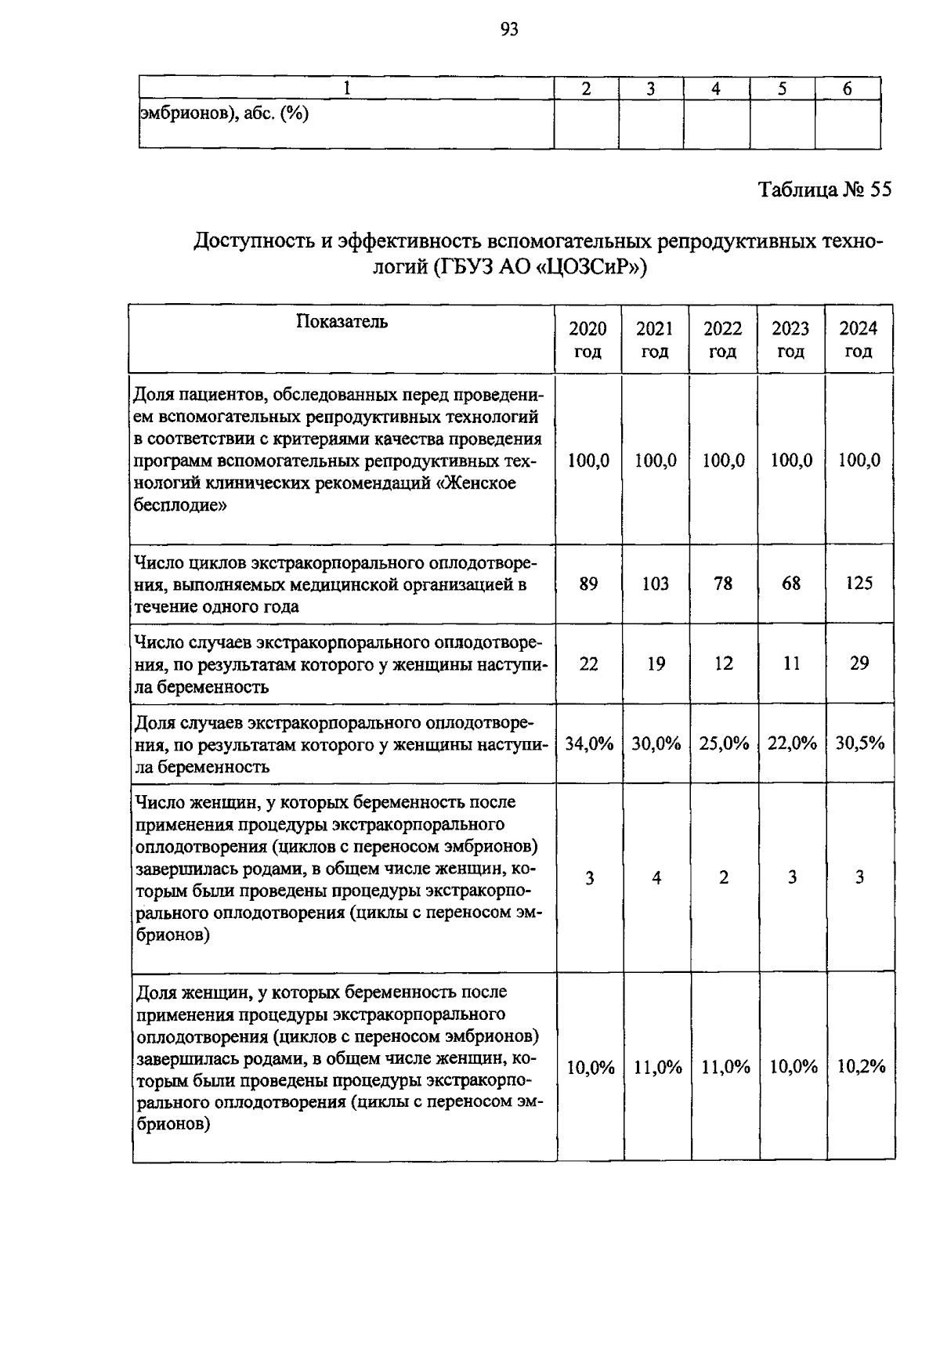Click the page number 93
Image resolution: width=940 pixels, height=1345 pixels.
(x=509, y=30)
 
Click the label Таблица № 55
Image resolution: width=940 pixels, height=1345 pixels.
(x=824, y=190)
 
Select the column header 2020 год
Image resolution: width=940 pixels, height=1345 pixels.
(x=587, y=340)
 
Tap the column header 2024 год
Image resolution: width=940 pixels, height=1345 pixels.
(x=859, y=340)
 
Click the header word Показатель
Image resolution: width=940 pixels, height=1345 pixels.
(x=342, y=321)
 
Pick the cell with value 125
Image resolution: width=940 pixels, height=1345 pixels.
(x=859, y=584)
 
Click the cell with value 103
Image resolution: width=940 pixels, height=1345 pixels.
(x=656, y=584)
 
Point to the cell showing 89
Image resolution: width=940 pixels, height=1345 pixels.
(x=588, y=584)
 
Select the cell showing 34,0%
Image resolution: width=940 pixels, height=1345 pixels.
(x=589, y=743)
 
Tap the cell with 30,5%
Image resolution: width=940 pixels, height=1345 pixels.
(x=860, y=743)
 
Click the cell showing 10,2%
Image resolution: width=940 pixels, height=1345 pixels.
(x=861, y=1066)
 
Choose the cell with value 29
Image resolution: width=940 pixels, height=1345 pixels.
(x=859, y=663)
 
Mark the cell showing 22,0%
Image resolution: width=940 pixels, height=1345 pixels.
(x=792, y=743)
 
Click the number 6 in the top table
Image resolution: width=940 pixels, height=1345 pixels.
(x=847, y=89)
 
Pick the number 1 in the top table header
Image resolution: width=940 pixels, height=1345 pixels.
(x=345, y=89)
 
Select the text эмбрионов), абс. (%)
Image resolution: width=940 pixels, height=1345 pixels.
(x=225, y=114)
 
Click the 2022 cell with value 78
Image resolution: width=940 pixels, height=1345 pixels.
(x=724, y=584)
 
